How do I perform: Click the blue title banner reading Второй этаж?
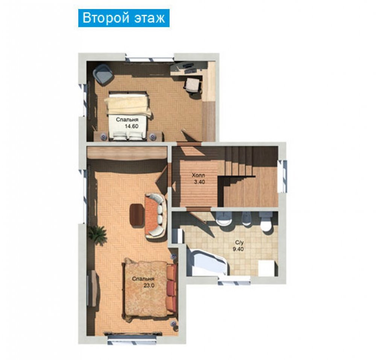124,18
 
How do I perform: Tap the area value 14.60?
132,126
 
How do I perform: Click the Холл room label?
198,175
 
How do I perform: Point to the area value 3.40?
200,182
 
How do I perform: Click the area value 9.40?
238,249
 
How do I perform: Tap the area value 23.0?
149,286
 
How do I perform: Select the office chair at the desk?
193,86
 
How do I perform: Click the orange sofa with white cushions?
156,215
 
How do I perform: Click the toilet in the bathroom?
266,222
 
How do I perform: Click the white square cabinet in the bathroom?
267,268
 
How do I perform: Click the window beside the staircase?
282,176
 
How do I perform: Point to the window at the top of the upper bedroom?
150,58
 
